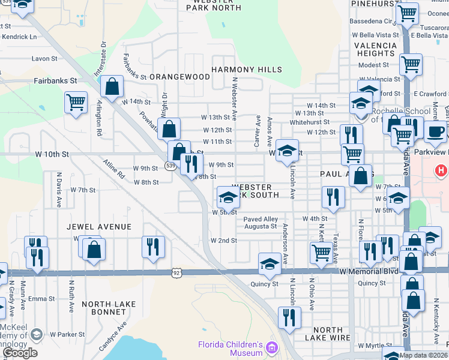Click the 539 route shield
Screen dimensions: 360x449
(170, 166)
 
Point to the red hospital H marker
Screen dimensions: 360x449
(441, 171)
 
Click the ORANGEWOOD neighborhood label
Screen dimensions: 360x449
(179, 77)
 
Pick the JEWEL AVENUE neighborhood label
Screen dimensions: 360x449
(99, 227)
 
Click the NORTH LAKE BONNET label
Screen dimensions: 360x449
(109, 304)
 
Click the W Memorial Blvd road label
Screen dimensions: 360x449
(369, 271)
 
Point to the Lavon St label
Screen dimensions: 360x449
(44, 59)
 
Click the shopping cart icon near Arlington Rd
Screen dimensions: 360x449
(76, 102)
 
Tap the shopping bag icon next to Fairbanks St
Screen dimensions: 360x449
(112, 86)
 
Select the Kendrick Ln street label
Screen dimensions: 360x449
(19, 37)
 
